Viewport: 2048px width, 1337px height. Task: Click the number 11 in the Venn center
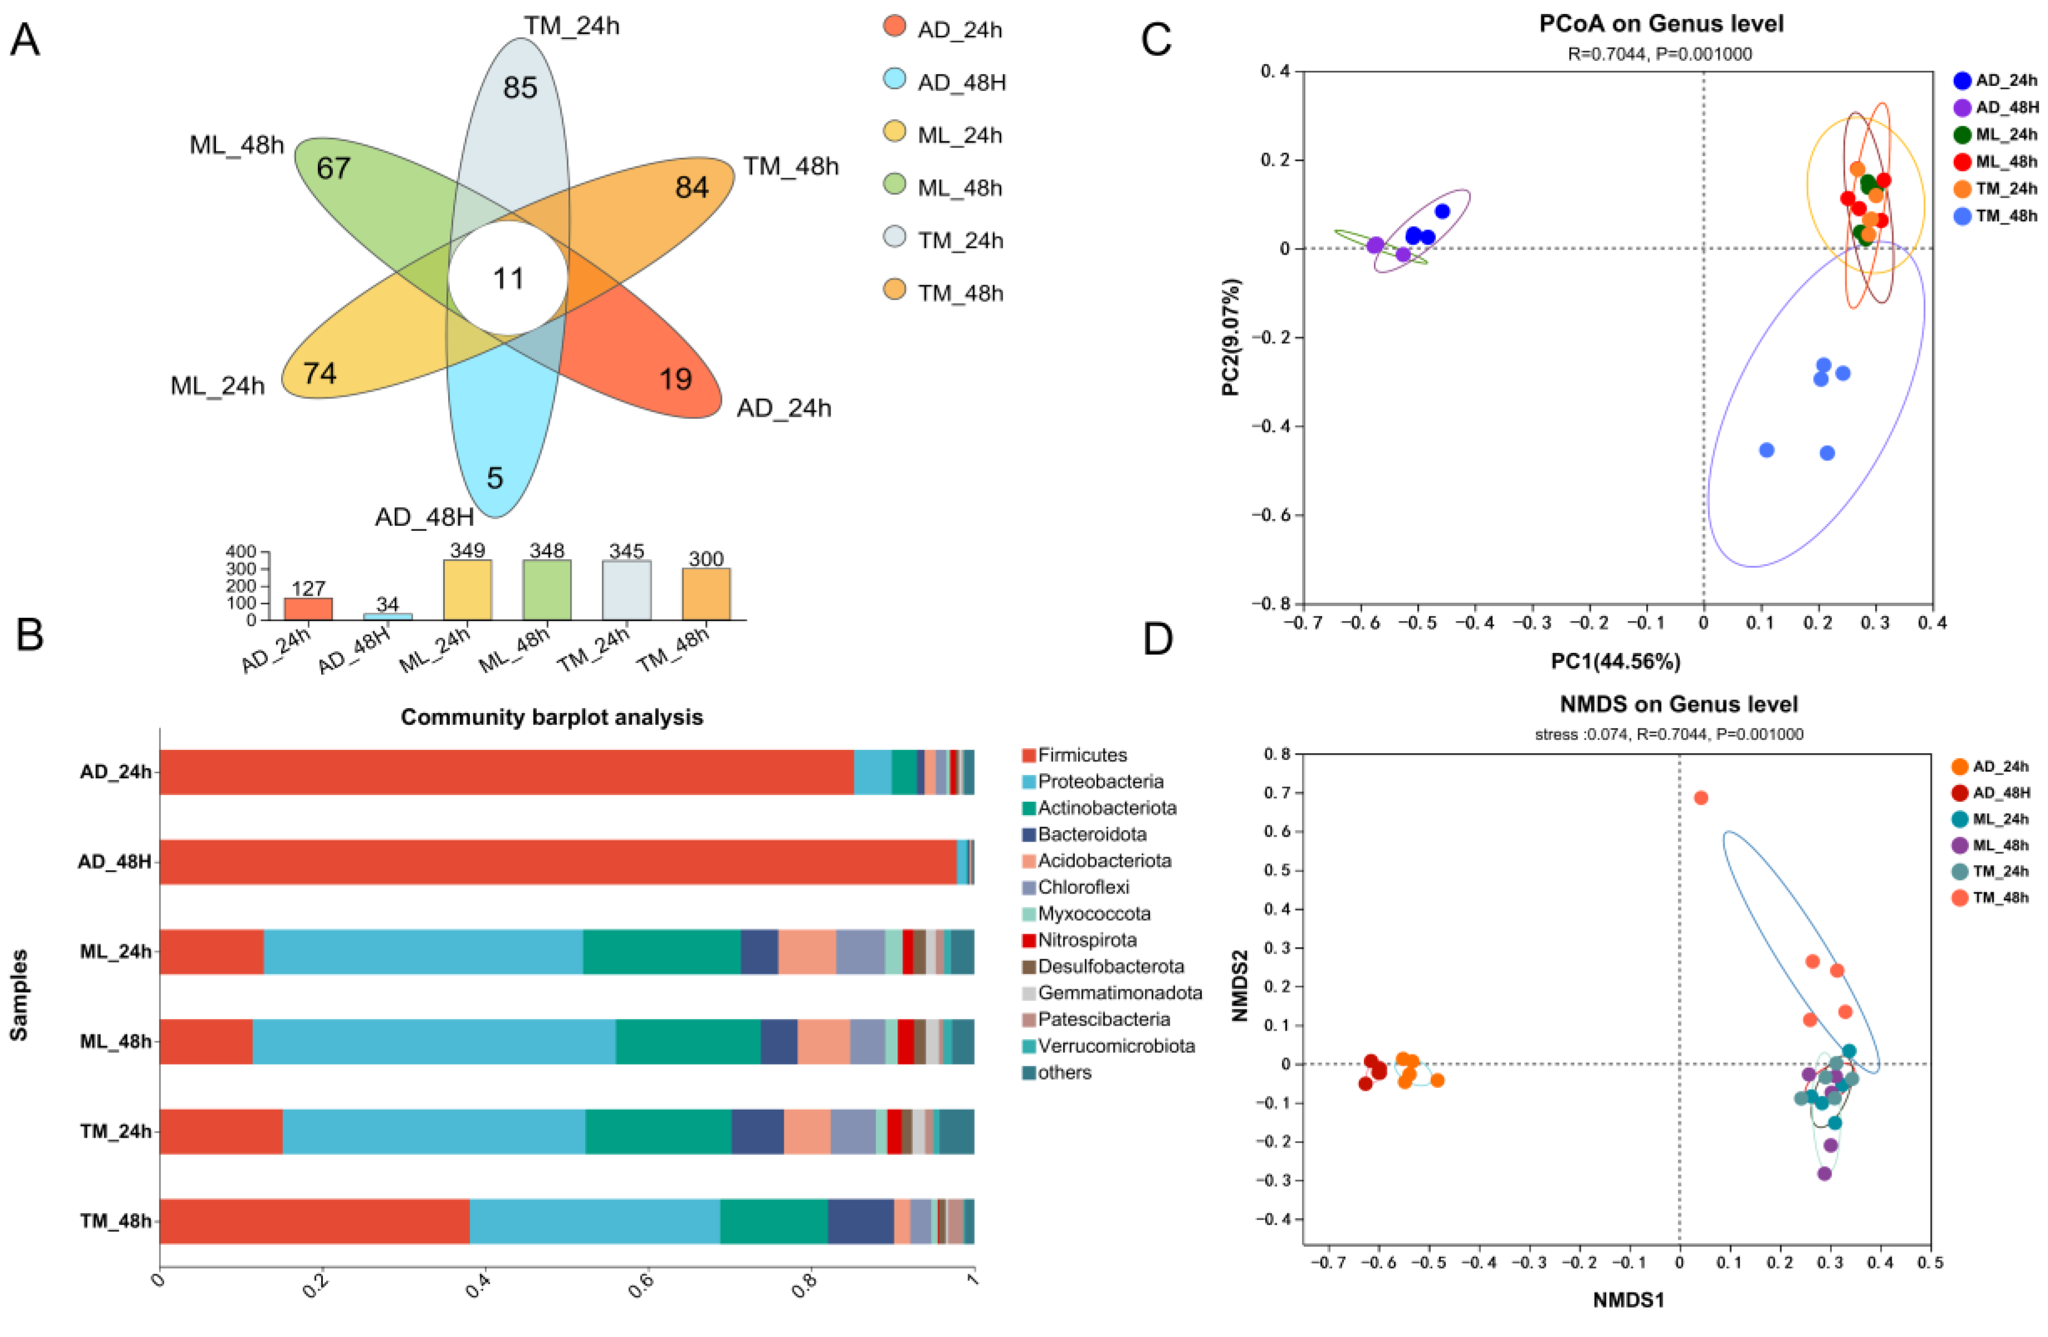point(508,279)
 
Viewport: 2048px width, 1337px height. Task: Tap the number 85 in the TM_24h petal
point(520,88)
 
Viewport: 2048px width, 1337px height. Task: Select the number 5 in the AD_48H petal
point(495,478)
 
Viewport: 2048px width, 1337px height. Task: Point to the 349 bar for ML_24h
point(467,590)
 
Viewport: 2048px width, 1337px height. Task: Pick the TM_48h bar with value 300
point(706,593)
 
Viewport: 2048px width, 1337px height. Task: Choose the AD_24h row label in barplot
point(115,772)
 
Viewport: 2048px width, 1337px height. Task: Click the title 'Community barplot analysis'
point(552,717)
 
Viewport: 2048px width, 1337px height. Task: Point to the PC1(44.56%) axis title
point(1615,661)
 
